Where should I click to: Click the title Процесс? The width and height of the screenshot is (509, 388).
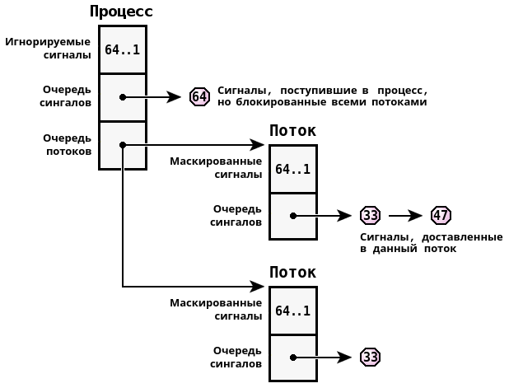coord(121,12)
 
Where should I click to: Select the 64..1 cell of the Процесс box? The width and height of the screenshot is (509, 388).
coord(122,49)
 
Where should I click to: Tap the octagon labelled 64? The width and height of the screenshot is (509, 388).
coord(199,96)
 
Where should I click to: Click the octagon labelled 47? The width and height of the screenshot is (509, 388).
coord(441,216)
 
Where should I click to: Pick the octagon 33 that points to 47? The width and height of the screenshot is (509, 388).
coord(370,216)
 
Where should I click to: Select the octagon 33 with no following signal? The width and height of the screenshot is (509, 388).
coord(370,357)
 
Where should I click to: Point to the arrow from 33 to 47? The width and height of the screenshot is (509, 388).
coord(405,216)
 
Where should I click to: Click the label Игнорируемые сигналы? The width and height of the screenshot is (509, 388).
coord(49,49)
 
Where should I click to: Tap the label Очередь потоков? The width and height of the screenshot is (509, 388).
coord(67,144)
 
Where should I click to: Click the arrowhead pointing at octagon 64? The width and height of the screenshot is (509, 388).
coord(175,97)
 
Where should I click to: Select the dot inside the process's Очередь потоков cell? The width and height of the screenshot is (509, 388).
coord(123,145)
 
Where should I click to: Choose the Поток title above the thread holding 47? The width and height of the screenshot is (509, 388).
coord(292,131)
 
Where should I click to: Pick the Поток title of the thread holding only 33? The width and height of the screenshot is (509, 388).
coord(292,273)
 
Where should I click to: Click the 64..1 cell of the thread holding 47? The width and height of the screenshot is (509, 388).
coord(292,169)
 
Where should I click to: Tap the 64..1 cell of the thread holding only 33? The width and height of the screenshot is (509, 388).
coord(292,311)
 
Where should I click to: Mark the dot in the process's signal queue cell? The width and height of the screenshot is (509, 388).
coord(123,97)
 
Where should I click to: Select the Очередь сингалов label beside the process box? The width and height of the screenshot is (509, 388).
coord(66,96)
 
